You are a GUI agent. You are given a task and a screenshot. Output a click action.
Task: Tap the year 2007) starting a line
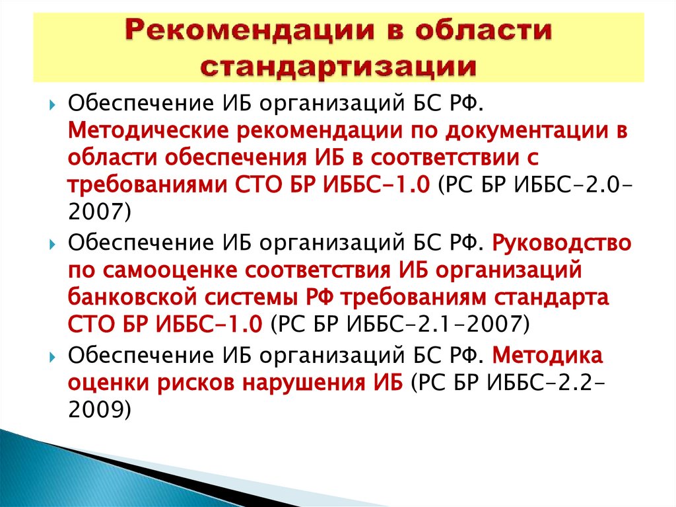[x=100, y=210]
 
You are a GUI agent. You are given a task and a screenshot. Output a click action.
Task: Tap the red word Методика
[x=547, y=356]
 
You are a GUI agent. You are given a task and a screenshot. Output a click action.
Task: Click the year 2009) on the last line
[x=100, y=409]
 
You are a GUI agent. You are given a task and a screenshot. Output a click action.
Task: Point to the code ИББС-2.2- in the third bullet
[x=553, y=382]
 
